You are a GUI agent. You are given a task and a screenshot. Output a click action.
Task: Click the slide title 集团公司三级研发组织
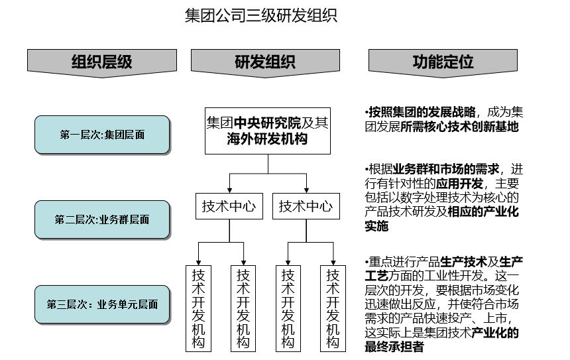pos(260,15)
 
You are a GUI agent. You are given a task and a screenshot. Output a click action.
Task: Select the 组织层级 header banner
pos(101,62)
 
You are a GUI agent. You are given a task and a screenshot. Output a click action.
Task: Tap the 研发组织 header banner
pos(265,62)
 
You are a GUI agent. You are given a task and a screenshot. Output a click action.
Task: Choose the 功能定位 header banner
pos(443,62)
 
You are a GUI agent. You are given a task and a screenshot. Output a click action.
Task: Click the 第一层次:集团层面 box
pos(102,135)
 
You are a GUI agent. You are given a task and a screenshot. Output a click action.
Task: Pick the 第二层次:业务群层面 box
pos(102,219)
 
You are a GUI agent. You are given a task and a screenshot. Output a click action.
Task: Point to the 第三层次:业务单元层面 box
pos(102,305)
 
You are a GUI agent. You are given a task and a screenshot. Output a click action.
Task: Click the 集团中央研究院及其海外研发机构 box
pos(267,131)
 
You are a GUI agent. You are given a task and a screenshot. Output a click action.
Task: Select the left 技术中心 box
pos(229,206)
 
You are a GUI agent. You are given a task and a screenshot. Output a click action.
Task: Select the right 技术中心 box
pos(306,206)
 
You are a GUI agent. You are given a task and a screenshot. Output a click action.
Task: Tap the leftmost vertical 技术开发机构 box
pos(198,308)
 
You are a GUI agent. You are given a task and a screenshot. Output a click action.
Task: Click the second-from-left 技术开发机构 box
pos(243,308)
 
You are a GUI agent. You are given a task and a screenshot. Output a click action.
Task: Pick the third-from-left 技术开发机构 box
pos(288,308)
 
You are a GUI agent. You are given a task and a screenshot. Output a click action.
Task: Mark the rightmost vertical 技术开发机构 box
pos(333,308)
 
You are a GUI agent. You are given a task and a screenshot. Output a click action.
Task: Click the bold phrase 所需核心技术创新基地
pos(459,127)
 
